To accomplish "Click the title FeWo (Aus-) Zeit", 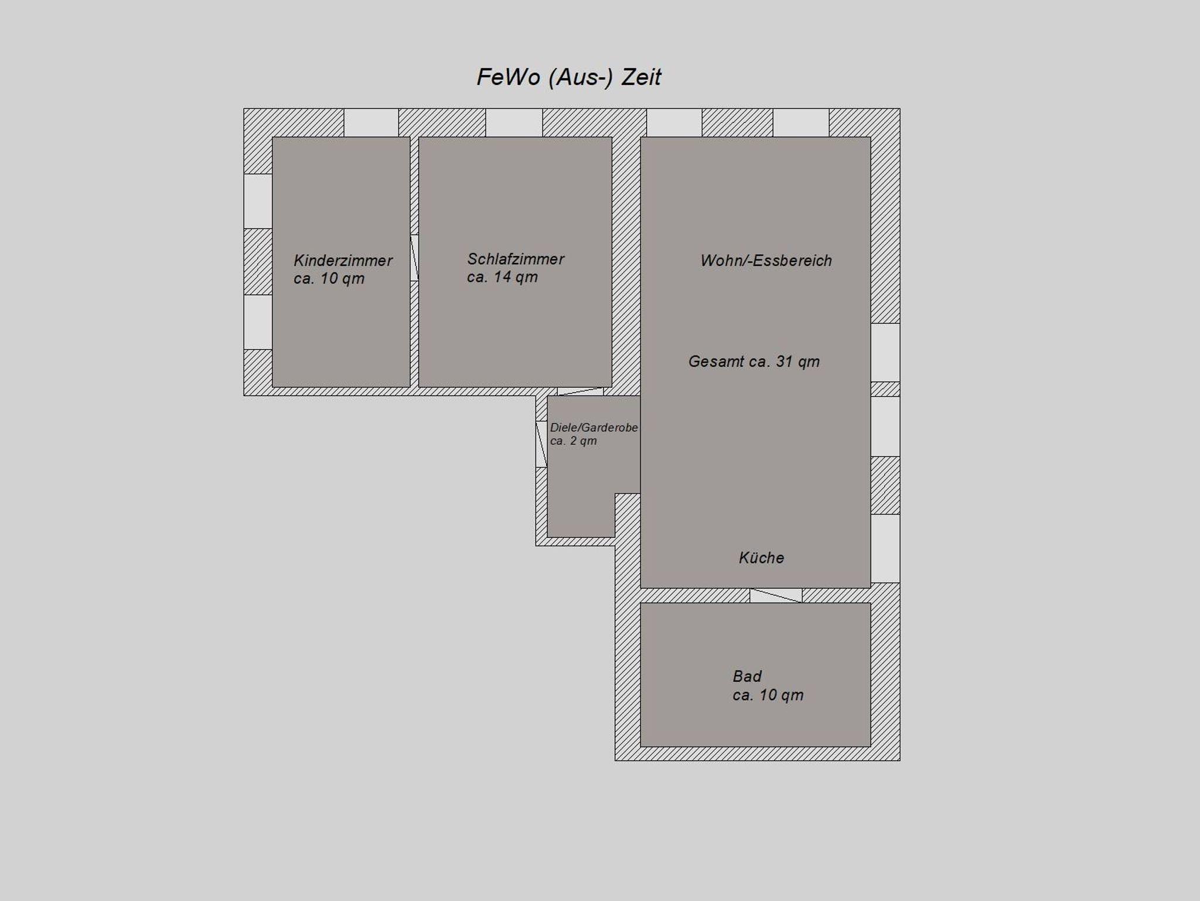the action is tap(568, 77).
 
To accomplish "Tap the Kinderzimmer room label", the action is tap(343, 261).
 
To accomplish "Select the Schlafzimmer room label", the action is tap(516, 259).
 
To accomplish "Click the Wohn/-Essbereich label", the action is tap(766, 261).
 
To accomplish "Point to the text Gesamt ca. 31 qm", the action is tap(754, 361).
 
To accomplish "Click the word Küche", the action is tap(761, 558).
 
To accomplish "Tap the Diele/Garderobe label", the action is tap(594, 428).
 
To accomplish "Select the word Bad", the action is tap(747, 676).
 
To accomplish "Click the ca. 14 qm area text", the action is tap(502, 277).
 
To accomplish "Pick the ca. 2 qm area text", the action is tap(573, 441).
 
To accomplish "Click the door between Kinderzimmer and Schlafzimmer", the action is tap(414, 258).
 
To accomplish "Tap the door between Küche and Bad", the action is tap(776, 595).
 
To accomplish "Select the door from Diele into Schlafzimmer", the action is tap(580, 391).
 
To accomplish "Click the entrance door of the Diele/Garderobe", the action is tap(541, 444).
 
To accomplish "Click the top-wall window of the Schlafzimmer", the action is tap(514, 122).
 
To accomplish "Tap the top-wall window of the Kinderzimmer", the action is tap(371, 122).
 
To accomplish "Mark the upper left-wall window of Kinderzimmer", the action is tap(258, 201).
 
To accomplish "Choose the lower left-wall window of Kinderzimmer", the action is tap(258, 322).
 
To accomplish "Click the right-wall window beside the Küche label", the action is tap(885, 548).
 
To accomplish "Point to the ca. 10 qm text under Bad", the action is tap(768, 695).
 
